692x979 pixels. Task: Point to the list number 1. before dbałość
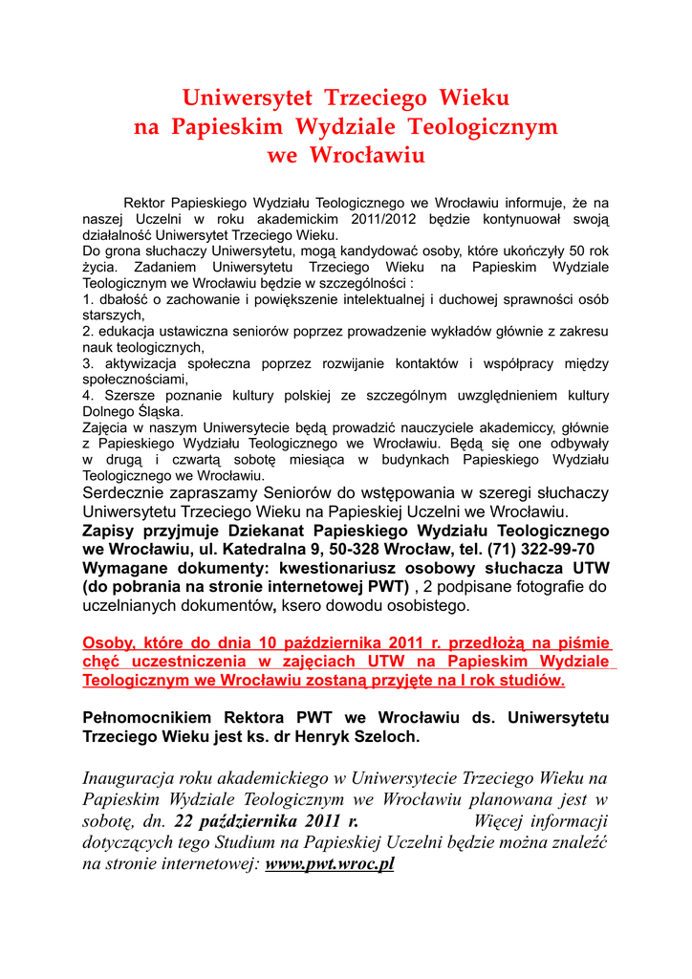(88, 299)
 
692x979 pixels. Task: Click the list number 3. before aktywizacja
(88, 364)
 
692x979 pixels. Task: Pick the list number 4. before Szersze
(88, 396)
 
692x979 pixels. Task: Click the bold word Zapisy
(109, 531)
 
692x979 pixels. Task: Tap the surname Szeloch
(384, 737)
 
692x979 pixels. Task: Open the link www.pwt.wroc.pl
(330, 865)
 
